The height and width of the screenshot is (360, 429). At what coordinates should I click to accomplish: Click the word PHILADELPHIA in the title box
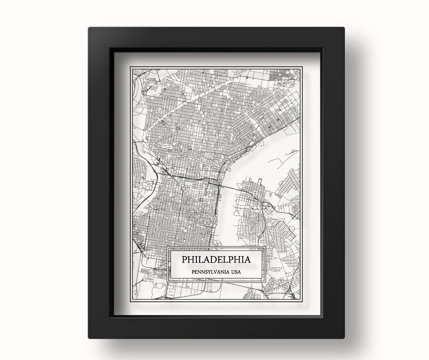click(216, 260)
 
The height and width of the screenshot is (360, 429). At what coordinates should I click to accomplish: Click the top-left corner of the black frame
click(89, 27)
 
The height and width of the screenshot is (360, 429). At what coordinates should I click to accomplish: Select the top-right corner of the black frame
click(344, 27)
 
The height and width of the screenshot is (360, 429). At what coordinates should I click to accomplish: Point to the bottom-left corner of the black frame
click(89, 337)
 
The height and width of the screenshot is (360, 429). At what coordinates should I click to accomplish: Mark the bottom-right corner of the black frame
click(344, 337)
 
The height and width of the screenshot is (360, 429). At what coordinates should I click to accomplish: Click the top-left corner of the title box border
click(167, 247)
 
